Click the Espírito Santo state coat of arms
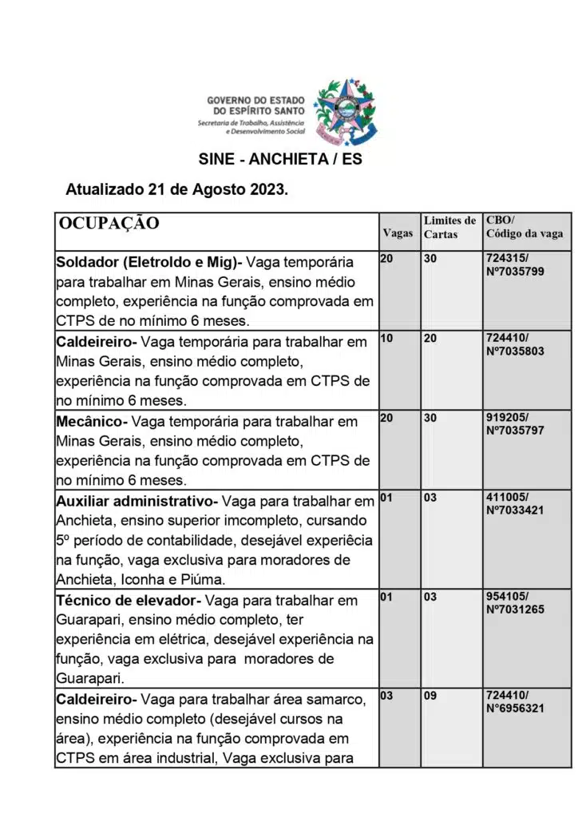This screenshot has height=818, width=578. (x=346, y=110)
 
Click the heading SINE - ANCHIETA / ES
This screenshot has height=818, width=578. (x=280, y=159)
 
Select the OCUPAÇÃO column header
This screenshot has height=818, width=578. (x=109, y=223)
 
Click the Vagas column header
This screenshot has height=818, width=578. (x=398, y=233)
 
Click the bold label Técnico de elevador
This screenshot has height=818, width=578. (x=125, y=600)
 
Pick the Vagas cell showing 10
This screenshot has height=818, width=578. (x=386, y=339)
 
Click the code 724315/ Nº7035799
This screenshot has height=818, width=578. (x=514, y=265)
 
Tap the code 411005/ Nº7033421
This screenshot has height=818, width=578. (x=514, y=504)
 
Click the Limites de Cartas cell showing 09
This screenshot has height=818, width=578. (x=430, y=696)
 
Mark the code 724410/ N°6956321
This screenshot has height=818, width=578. (x=514, y=701)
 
